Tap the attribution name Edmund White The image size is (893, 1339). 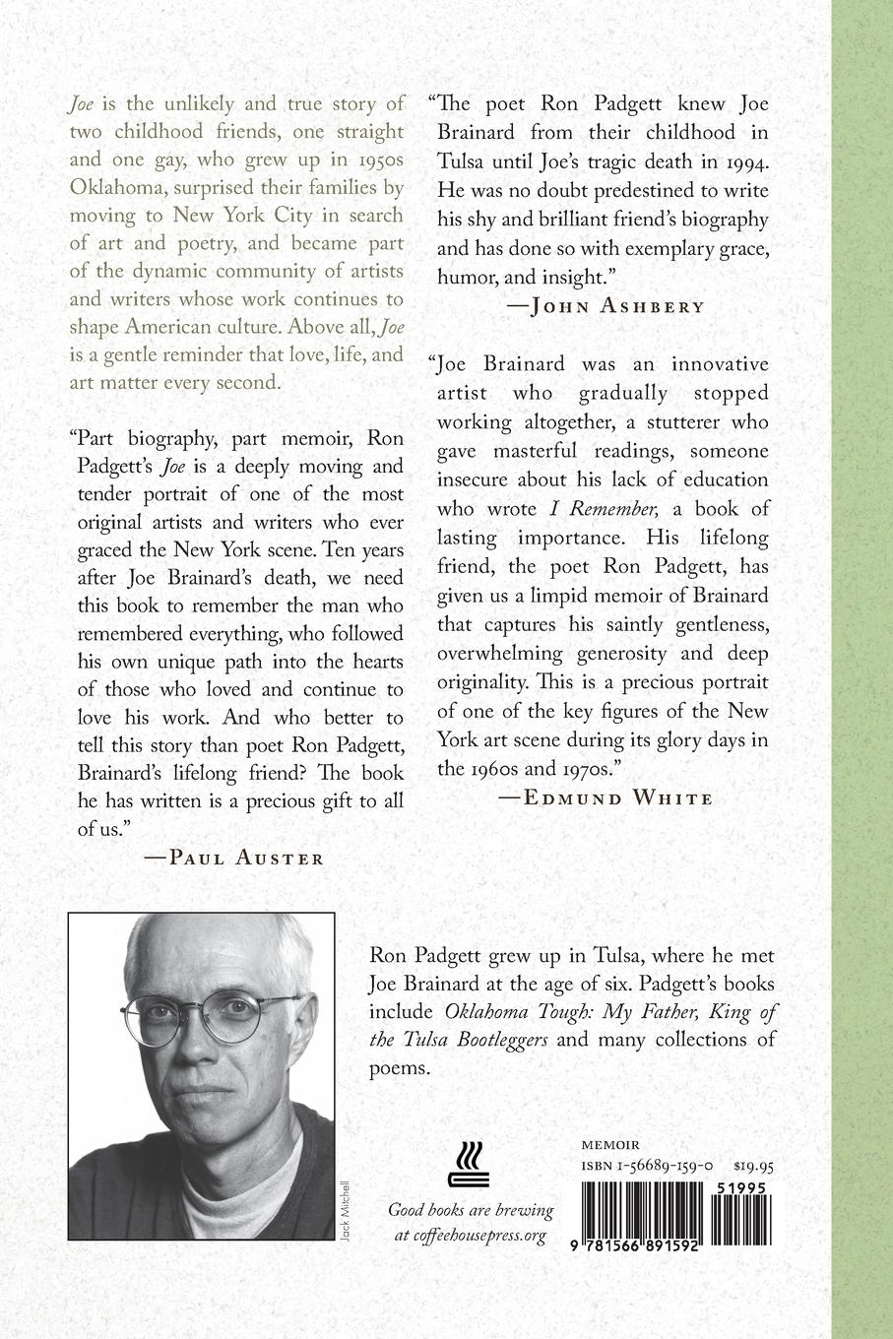point(617,797)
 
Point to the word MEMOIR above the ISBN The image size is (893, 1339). point(610,1145)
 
